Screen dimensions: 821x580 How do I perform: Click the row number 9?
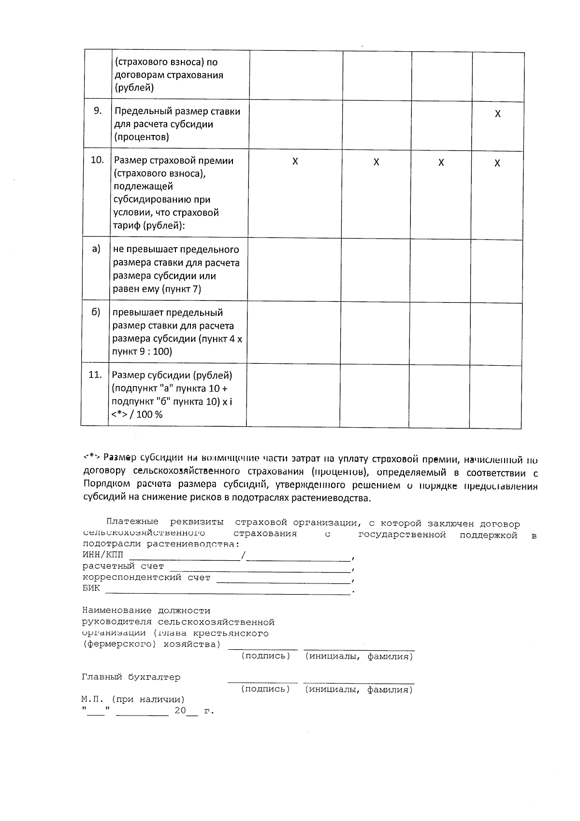98,111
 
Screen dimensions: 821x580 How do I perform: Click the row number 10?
97,160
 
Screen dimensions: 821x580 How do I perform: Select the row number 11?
95,374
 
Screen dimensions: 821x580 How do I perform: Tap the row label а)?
96,249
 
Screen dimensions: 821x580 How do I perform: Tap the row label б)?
96,312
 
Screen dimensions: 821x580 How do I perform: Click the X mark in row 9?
497,114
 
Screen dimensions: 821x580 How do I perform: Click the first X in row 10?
295,162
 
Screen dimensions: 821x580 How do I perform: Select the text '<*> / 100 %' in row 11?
137,415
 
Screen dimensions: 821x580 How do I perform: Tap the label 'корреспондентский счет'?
146,577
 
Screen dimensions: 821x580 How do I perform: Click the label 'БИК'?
91,588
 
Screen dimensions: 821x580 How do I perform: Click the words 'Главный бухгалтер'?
131,677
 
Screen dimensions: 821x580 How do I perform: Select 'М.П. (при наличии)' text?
133,700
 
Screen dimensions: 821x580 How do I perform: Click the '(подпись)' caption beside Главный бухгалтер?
265,689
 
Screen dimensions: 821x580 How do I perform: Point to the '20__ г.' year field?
193,711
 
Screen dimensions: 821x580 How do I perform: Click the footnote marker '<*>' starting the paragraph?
91,456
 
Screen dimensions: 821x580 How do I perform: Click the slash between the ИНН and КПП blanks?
244,555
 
